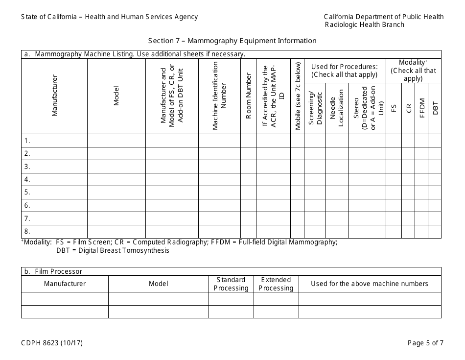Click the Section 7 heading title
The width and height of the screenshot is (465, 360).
[x=232, y=41]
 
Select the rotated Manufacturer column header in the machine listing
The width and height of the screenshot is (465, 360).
[x=54, y=96]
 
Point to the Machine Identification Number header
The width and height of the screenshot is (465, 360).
[x=219, y=96]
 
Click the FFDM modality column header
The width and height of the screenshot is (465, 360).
[x=421, y=108]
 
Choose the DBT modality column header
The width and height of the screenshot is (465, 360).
[x=435, y=108]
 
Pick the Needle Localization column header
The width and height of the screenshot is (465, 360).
[x=337, y=108]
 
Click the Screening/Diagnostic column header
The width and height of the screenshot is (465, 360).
[x=315, y=108]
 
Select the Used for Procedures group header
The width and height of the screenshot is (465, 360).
[x=345, y=71]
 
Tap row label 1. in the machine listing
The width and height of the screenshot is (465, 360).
[x=27, y=141]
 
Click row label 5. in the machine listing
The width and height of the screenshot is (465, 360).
[x=27, y=192]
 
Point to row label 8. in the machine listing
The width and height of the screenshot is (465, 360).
[x=27, y=231]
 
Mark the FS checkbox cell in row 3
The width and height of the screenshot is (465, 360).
[x=394, y=167]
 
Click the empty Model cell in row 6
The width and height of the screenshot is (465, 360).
[x=116, y=205]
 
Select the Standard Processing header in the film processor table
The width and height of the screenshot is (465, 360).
[x=231, y=284]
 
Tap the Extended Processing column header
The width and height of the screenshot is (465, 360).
[x=276, y=284]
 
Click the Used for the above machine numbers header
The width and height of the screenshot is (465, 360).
[x=370, y=284]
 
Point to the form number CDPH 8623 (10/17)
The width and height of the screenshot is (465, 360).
[x=52, y=343]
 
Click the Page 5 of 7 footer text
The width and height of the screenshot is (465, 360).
[x=425, y=343]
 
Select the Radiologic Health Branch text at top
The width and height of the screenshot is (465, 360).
[x=365, y=24]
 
